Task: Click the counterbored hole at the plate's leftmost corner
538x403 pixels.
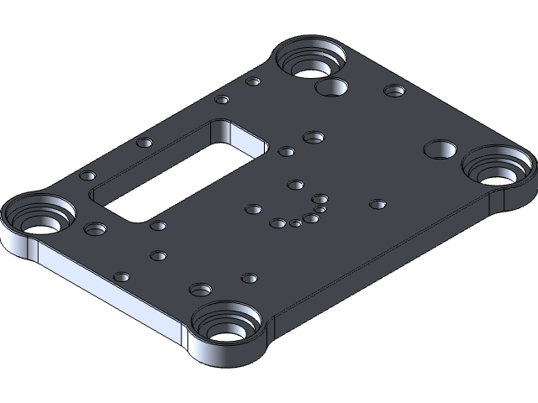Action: tap(37, 217)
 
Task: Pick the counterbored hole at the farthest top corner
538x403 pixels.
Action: tap(310, 59)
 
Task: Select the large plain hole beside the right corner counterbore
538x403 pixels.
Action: tap(438, 149)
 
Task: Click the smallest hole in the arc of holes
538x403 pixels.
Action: tap(320, 209)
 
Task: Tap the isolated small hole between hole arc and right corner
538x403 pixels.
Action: tap(377, 204)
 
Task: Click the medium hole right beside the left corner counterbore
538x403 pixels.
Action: tap(96, 228)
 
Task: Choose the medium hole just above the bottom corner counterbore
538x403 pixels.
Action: tap(201, 290)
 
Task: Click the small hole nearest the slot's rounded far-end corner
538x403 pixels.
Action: tap(286, 152)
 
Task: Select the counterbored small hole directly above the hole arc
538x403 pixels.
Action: tap(314, 136)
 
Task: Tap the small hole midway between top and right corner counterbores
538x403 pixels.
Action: tap(393, 90)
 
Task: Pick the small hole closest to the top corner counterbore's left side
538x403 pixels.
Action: tap(253, 82)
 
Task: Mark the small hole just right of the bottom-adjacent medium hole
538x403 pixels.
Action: tap(248, 277)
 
